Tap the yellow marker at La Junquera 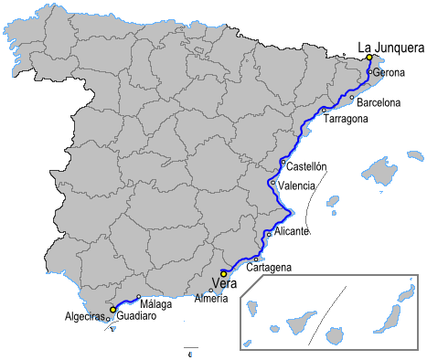click(x=369, y=58)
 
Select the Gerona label click(x=389, y=73)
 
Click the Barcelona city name click(x=379, y=103)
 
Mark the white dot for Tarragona click(x=324, y=110)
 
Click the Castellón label click(x=306, y=167)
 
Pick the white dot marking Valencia click(x=273, y=183)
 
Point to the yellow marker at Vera click(x=224, y=272)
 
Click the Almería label click(x=211, y=300)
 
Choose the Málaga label click(x=156, y=304)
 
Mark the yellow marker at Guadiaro click(x=112, y=310)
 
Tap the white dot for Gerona click(x=368, y=71)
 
